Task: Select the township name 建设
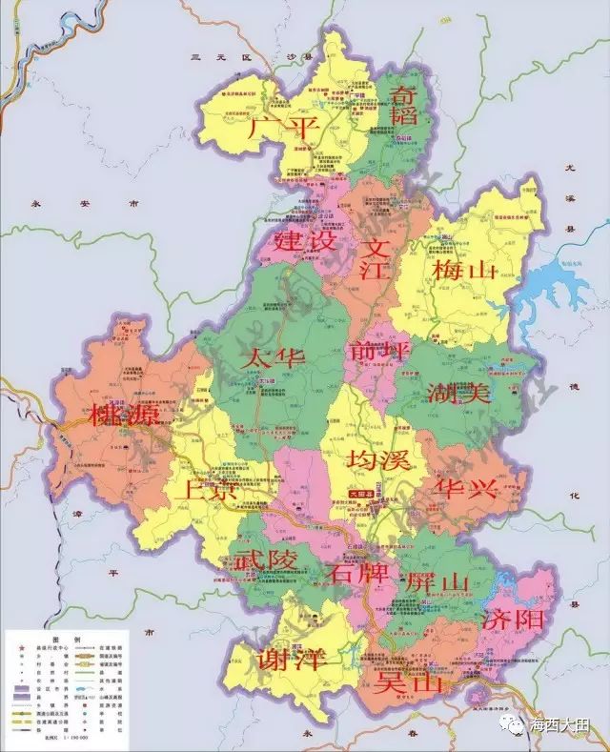click(303, 241)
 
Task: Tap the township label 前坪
click(379, 350)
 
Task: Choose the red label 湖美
click(459, 392)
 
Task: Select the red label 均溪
click(379, 458)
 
